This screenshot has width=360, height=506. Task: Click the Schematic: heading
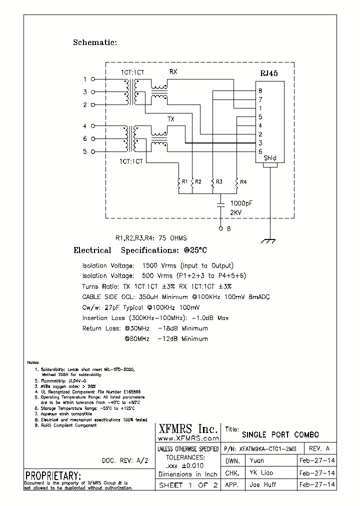click(95, 42)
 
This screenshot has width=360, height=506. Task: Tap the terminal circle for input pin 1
click(92, 79)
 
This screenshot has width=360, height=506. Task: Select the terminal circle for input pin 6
click(92, 138)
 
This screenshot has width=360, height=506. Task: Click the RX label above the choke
click(173, 72)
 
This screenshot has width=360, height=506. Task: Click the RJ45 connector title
click(268, 73)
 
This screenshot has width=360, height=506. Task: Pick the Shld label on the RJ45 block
click(269, 158)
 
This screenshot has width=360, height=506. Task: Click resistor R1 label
click(185, 182)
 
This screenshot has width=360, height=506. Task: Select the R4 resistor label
click(243, 182)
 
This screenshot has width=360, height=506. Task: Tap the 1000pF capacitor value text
click(242, 203)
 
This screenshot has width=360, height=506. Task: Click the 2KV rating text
click(236, 212)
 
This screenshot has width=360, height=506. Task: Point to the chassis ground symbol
click(270, 241)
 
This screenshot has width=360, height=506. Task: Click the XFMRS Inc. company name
click(188, 429)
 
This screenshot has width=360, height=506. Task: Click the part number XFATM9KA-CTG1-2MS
click(267, 448)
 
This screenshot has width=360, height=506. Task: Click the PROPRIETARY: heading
click(52, 475)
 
